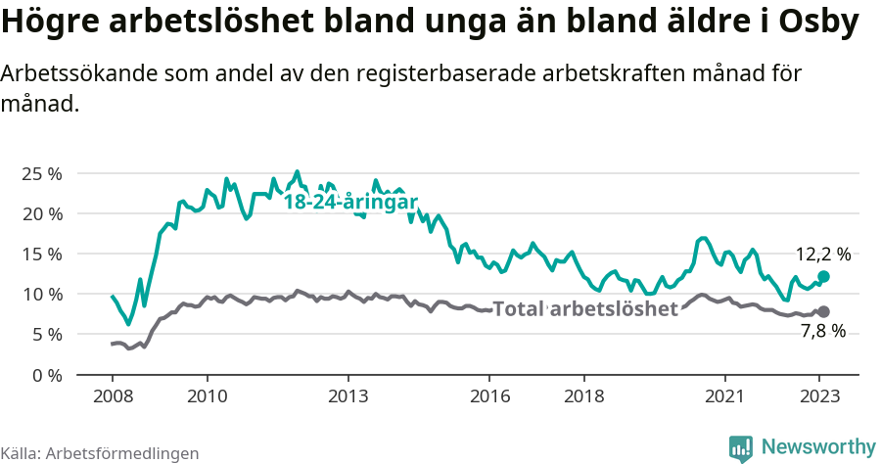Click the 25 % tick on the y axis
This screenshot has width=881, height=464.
click(42, 173)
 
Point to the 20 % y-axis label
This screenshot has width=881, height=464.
click(42, 213)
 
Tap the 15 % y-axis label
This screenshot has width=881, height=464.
click(42, 254)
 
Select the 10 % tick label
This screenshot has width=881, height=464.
click(42, 294)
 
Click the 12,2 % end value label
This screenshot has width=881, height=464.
click(822, 255)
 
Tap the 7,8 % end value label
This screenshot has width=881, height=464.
click(823, 331)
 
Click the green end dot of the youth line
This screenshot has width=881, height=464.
click(823, 277)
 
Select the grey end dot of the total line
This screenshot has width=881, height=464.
click(823, 311)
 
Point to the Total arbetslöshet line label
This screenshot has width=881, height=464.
click(585, 309)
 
